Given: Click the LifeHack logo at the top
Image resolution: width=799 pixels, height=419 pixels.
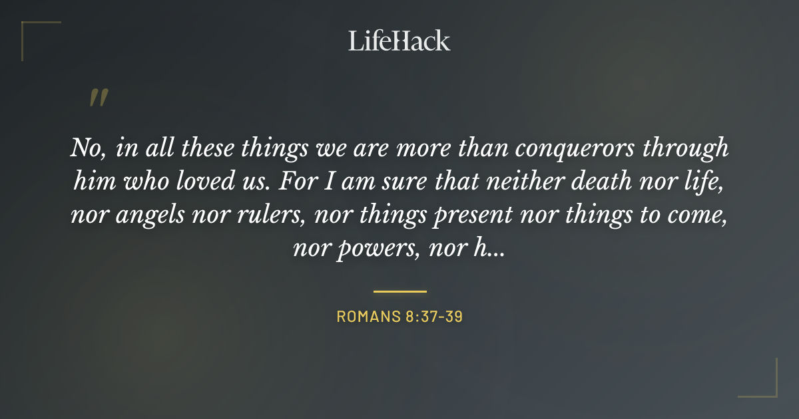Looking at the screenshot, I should [x=400, y=41].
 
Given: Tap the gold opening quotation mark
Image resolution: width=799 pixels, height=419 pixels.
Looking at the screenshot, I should [x=98, y=98].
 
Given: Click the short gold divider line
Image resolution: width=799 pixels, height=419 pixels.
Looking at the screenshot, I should [x=400, y=291].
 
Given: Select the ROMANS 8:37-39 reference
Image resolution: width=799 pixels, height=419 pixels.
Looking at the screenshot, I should [x=400, y=317].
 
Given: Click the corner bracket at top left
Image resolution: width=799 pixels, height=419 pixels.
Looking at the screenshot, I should [x=33, y=33].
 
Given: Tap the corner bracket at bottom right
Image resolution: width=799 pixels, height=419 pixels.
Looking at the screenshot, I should [x=766, y=386].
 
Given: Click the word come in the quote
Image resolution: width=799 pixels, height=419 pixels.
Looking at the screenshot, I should [x=698, y=217].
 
